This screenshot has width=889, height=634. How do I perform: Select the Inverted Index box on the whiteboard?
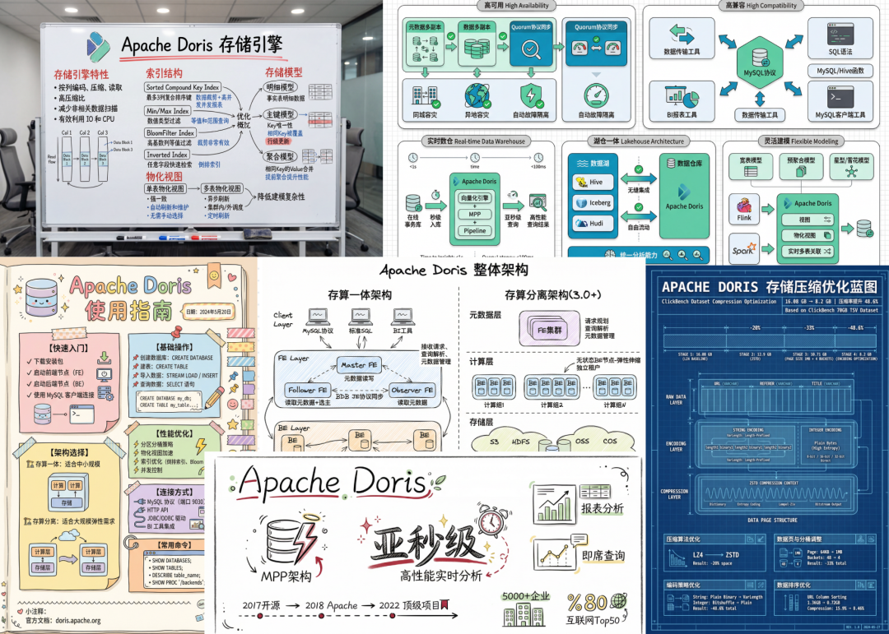(168, 154)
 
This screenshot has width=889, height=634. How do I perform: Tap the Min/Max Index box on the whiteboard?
(168, 109)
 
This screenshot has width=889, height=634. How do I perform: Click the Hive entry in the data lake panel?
(595, 183)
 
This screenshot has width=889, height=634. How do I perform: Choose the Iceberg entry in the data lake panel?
(595, 202)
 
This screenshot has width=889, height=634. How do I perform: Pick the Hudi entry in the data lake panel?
(595, 223)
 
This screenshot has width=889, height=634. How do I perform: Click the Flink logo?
(744, 208)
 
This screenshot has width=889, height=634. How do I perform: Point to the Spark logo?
(743, 248)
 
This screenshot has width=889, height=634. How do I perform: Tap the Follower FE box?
(306, 390)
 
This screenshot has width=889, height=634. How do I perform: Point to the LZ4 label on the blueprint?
(681, 557)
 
